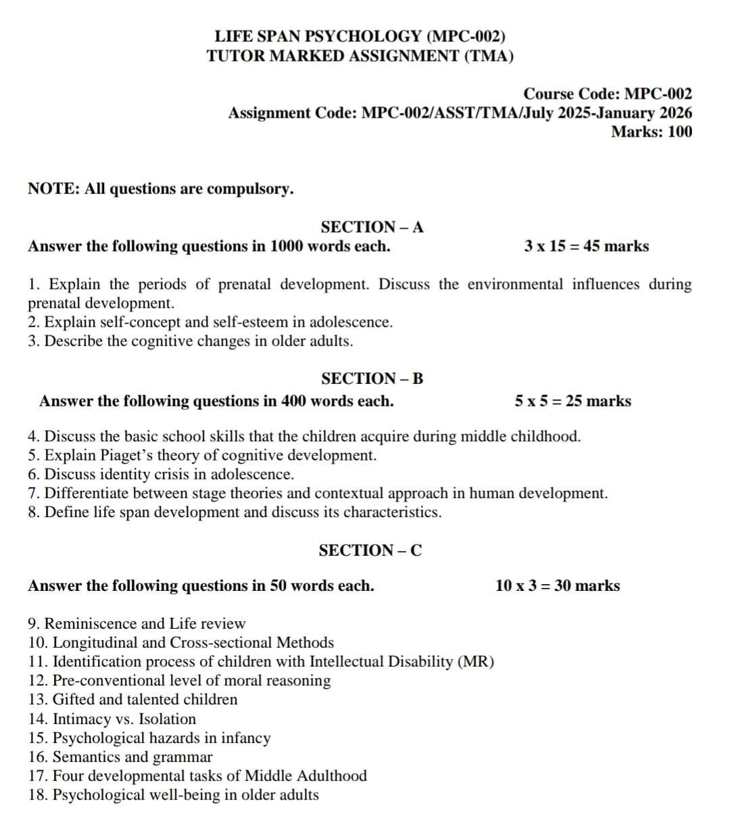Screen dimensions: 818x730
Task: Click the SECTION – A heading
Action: click(x=372, y=227)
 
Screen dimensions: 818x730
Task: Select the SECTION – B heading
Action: click(x=372, y=379)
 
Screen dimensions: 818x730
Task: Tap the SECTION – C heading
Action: click(x=370, y=550)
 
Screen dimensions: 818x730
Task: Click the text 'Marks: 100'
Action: click(x=652, y=132)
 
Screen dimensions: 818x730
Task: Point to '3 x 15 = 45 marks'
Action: click(x=586, y=246)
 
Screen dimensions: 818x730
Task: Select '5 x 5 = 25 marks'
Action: click(x=573, y=401)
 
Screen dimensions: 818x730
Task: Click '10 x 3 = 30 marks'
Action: click(x=557, y=585)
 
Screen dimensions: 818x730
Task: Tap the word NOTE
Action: click(x=52, y=189)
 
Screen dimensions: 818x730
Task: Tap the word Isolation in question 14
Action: click(x=167, y=719)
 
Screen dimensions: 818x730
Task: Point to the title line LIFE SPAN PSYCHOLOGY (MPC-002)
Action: click(x=360, y=37)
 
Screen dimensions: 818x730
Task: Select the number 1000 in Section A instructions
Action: click(x=287, y=246)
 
